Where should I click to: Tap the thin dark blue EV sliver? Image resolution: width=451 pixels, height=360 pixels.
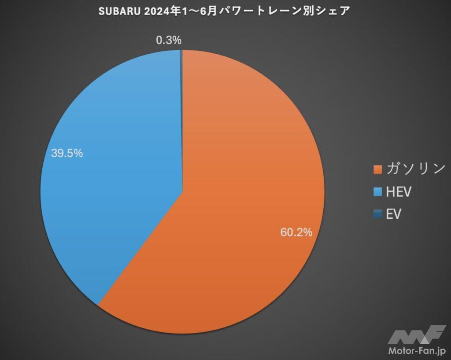(181, 88)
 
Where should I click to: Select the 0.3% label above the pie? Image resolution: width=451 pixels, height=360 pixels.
(169, 40)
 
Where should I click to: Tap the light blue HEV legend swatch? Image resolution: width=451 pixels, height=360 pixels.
(377, 192)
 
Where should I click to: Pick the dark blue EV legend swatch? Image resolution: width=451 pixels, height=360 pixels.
(377, 214)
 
